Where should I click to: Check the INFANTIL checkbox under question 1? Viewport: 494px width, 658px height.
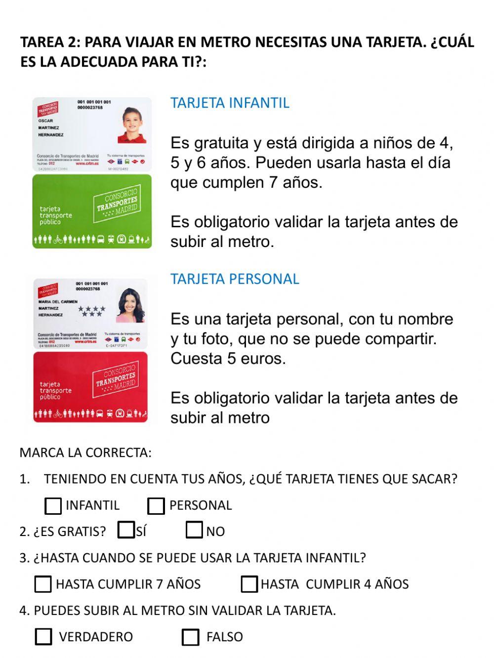coord(53,506)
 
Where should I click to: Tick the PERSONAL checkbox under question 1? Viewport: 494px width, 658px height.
coord(156,506)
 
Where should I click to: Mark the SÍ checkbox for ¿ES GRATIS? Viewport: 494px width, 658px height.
coord(126,531)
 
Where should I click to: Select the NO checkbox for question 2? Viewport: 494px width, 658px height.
coord(194,531)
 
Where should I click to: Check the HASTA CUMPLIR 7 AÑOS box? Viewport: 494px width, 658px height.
coord(43,584)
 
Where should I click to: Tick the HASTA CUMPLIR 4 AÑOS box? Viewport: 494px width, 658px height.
coord(249,584)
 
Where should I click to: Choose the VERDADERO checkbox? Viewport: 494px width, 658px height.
coord(43,637)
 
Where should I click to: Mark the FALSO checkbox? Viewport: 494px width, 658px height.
coord(190,637)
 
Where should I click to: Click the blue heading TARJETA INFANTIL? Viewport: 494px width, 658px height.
coord(230,103)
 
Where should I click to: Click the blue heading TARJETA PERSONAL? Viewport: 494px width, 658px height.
coord(235,279)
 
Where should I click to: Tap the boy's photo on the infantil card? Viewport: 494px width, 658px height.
coord(133,125)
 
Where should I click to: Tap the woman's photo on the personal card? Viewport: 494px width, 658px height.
coord(131,304)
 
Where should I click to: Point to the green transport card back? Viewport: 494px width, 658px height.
coord(92,211)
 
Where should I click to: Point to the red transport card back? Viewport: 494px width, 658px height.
coord(91,387)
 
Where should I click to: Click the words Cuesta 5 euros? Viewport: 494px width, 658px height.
coord(228,359)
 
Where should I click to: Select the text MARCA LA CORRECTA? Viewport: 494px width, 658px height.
coord(85,453)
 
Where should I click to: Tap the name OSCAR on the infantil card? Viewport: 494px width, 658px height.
coord(45,121)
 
